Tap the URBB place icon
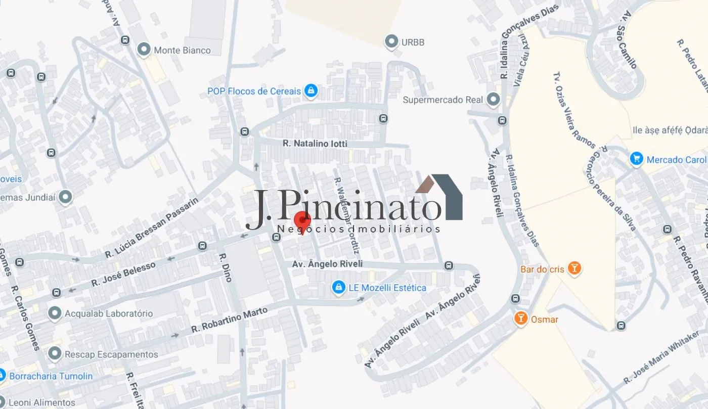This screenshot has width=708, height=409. pos(391,42)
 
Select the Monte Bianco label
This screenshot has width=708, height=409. pos(182,51)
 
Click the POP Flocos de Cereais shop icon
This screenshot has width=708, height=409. pos(311,91)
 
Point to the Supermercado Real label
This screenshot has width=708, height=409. pos(443,100)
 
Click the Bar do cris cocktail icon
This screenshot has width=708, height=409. pos(573,268)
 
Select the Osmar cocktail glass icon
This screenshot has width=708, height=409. pos(520,319)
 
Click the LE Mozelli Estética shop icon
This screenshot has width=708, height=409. pos(338,288)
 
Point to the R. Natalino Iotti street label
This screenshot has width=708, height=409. pos(315,144)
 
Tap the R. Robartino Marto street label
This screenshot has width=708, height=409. pos(230,320)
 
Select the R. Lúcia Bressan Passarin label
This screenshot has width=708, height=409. pos(152,226)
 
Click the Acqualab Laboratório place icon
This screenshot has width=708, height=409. pos(55,313)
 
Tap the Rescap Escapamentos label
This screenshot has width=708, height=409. pos(111,354)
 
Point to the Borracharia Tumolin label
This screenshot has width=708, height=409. pos(51,376)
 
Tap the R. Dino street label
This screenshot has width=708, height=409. pos(226,267)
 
